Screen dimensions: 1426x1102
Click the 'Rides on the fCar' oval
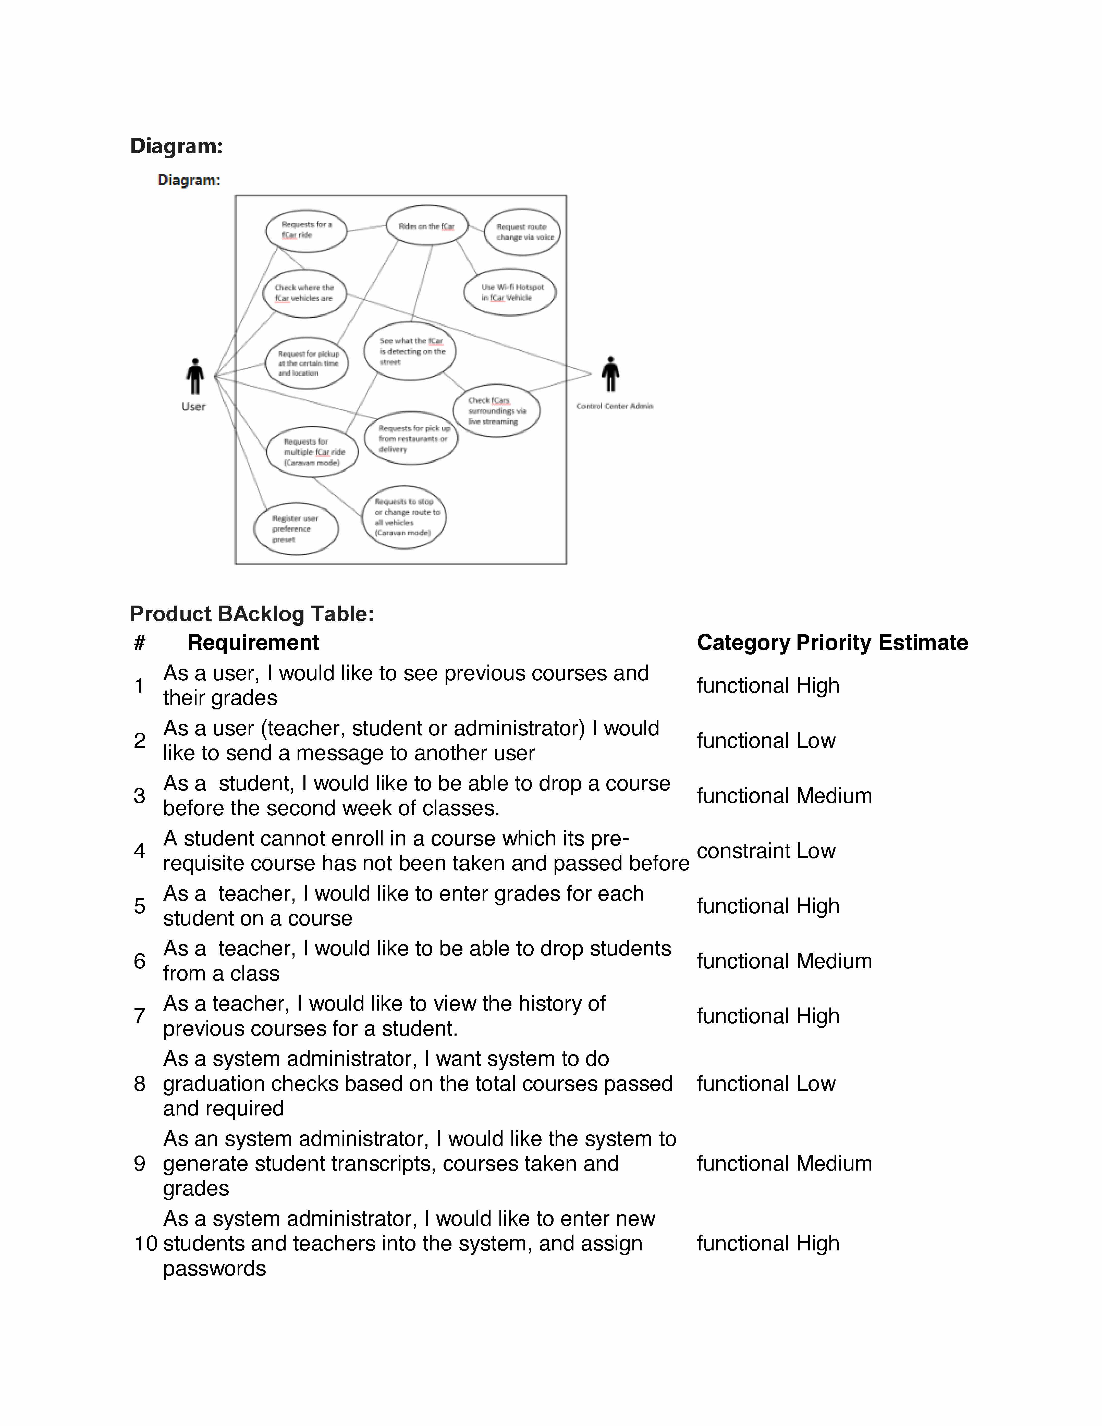[427, 226]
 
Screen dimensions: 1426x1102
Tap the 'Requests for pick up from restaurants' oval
[411, 438]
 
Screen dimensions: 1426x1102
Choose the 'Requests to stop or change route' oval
[404, 517]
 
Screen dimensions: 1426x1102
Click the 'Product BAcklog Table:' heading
[252, 614]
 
